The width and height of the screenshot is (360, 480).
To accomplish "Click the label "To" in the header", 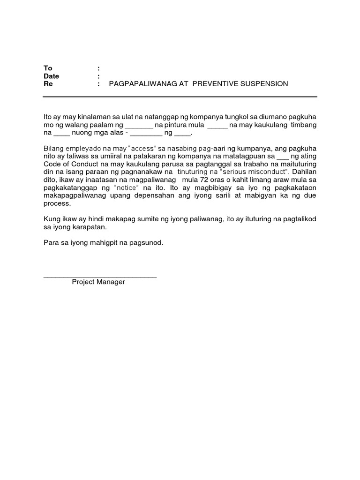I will tap(47, 68).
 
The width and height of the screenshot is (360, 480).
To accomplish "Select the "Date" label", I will tap(51, 76).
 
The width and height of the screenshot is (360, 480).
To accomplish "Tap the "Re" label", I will tap(48, 84).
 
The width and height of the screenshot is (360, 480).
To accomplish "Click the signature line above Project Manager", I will tap(100, 277).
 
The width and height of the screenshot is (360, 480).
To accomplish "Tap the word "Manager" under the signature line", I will tap(112, 282).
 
